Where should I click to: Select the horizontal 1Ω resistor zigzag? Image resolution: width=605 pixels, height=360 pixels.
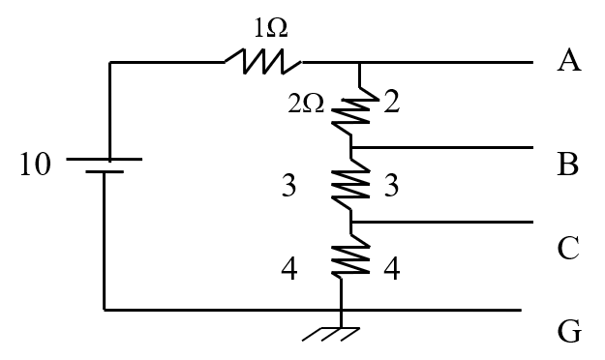(262, 63)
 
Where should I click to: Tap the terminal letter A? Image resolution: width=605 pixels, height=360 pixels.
(568, 62)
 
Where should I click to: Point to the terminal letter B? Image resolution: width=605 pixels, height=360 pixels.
(568, 165)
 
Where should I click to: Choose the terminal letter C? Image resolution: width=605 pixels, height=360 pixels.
(568, 248)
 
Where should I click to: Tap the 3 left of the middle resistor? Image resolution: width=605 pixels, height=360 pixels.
(287, 187)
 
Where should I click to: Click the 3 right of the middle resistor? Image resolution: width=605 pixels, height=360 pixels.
(390, 187)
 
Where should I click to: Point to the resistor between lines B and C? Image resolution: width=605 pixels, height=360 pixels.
(351, 184)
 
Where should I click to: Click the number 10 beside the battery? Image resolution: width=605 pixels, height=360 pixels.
(37, 165)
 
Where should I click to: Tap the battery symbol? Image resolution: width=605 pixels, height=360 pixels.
(104, 165)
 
